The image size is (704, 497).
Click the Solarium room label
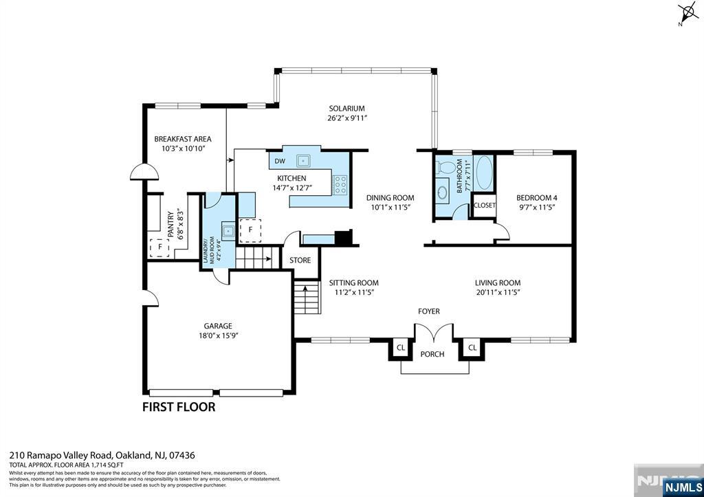tap(346, 109)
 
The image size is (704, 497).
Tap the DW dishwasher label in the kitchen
tap(280, 162)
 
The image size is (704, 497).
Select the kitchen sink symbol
tap(302, 161)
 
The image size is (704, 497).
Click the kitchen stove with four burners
tap(340, 184)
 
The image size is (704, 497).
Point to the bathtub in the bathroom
tap(484, 173)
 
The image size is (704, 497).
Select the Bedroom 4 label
tap(536, 198)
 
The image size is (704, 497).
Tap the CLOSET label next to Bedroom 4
tap(485, 206)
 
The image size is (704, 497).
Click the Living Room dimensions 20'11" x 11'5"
tap(497, 292)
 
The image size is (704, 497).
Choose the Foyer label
tap(428, 311)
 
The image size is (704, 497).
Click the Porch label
tap(432, 355)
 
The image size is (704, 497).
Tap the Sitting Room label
tap(353, 283)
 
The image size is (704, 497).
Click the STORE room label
tap(300, 261)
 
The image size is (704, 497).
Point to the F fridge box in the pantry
tap(159, 246)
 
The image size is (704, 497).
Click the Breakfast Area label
tap(182, 139)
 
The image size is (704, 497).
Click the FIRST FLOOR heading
tap(178, 407)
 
